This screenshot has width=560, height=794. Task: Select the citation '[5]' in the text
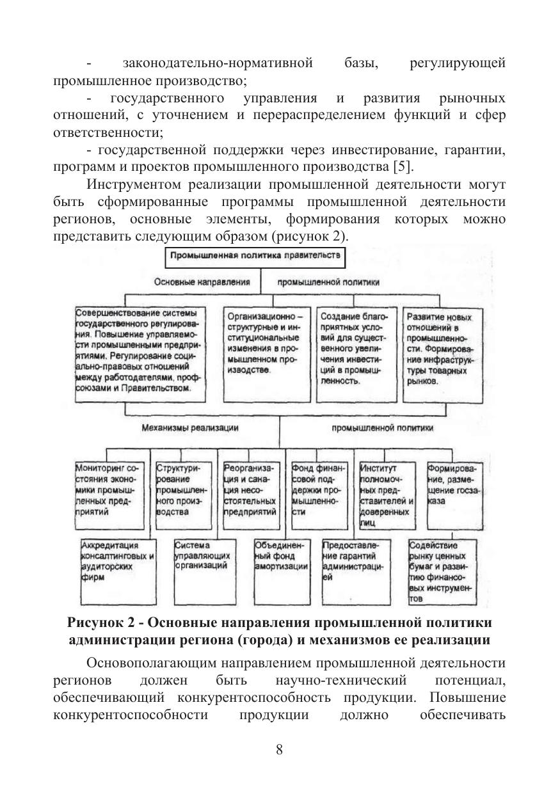coord(401,168)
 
